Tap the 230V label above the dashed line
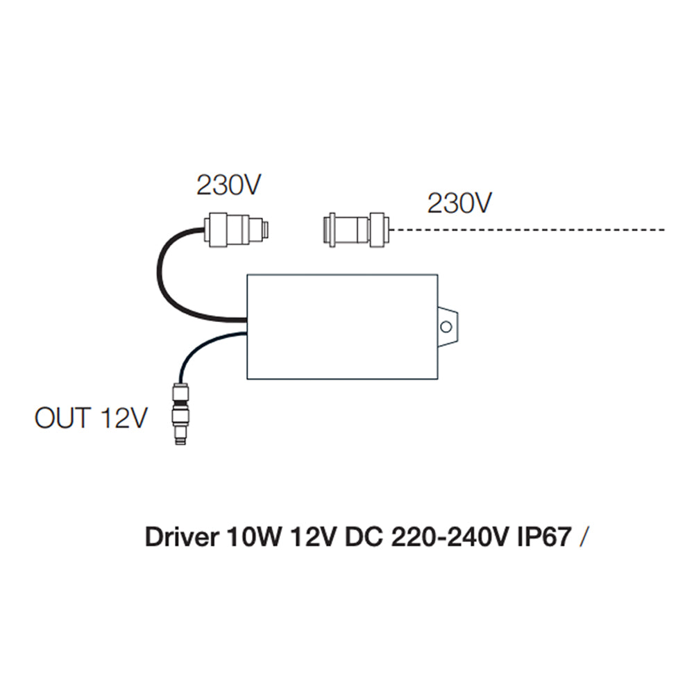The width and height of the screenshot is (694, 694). click(459, 203)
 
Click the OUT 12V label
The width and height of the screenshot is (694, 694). click(91, 418)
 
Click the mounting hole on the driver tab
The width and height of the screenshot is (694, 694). click(448, 325)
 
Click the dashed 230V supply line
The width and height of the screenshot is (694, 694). click(527, 228)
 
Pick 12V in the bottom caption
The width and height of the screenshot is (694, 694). click(306, 538)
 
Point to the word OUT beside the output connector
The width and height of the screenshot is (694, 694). click(62, 418)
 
